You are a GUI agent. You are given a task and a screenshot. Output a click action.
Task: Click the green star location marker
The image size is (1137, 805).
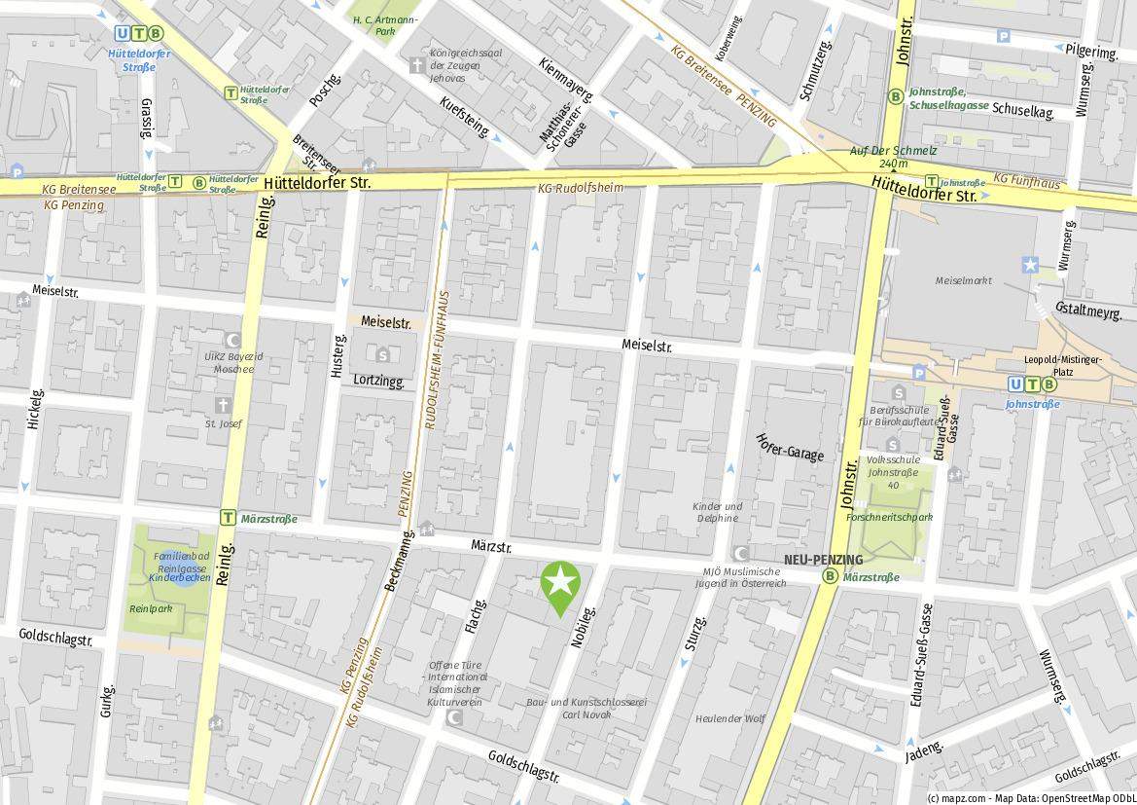[x=560, y=584]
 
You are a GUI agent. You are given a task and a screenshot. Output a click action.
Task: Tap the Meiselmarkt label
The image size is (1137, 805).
[x=963, y=280]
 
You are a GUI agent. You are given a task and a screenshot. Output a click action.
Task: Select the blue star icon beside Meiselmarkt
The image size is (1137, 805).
[x=1030, y=265]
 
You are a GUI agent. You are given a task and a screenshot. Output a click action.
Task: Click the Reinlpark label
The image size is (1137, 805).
[x=150, y=608]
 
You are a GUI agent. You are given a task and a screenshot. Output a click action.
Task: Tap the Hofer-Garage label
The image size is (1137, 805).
[x=789, y=448]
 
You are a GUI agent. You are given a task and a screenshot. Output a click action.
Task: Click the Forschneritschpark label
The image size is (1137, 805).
[x=889, y=517]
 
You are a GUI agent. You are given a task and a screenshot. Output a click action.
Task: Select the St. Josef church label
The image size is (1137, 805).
[x=223, y=423]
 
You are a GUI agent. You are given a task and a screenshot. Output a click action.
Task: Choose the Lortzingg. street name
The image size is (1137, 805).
[x=378, y=381]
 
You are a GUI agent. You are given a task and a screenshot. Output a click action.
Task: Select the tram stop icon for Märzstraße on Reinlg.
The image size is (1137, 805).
[x=229, y=518]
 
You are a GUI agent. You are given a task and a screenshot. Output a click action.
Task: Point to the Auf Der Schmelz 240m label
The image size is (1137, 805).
[x=893, y=157]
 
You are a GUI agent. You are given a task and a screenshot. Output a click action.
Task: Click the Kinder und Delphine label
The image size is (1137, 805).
[x=717, y=512]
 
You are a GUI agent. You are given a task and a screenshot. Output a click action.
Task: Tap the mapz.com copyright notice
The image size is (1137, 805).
[x=1030, y=797]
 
